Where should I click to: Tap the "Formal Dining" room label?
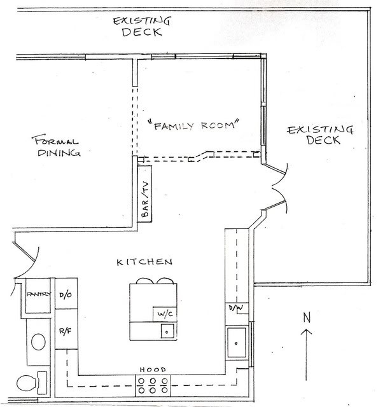57,146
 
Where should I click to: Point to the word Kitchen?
144,261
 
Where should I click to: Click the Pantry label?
39,295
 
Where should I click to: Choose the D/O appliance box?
66,294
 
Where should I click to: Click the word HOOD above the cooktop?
153,369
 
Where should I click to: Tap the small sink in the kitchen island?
166,331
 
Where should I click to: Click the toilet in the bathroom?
29,383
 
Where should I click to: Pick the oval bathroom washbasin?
38,342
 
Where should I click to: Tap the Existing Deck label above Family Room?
141,25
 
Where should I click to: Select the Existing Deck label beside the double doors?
320,135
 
